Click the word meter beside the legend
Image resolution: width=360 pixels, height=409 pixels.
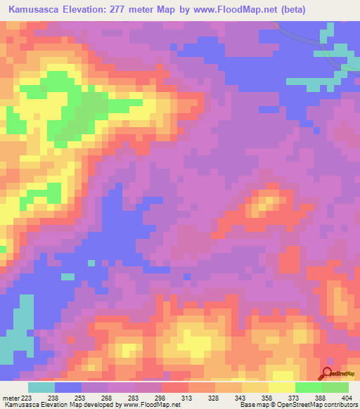(11, 397)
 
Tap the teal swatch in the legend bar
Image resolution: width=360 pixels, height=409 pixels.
(41, 387)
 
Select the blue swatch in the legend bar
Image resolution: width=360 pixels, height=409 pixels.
(68, 387)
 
